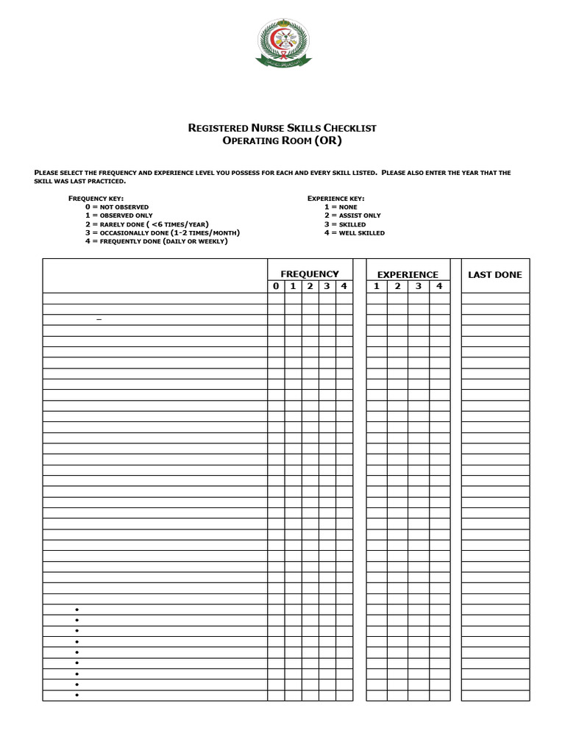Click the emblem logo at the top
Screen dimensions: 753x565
coord(283,43)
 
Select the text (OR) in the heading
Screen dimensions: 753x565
coord(328,140)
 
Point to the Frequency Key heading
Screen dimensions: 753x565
coord(96,199)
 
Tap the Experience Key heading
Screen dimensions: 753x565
coord(335,199)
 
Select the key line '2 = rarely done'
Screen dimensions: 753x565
coord(146,224)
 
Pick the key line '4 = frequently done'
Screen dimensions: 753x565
coord(156,241)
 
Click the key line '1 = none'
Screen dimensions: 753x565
coord(341,207)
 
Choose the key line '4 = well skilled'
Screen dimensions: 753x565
coord(354,233)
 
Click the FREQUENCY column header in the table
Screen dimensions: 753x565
coord(310,274)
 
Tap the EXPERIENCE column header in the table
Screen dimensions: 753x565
coord(408,274)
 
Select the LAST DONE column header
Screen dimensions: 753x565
coord(495,274)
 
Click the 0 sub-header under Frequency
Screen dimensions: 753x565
coord(276,287)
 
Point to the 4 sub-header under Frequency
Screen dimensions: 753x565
coord(344,287)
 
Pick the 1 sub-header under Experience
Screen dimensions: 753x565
coord(376,287)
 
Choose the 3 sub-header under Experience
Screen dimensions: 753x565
coord(418,287)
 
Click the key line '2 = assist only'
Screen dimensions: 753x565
coord(352,215)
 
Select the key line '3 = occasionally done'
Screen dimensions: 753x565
coord(162,233)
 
